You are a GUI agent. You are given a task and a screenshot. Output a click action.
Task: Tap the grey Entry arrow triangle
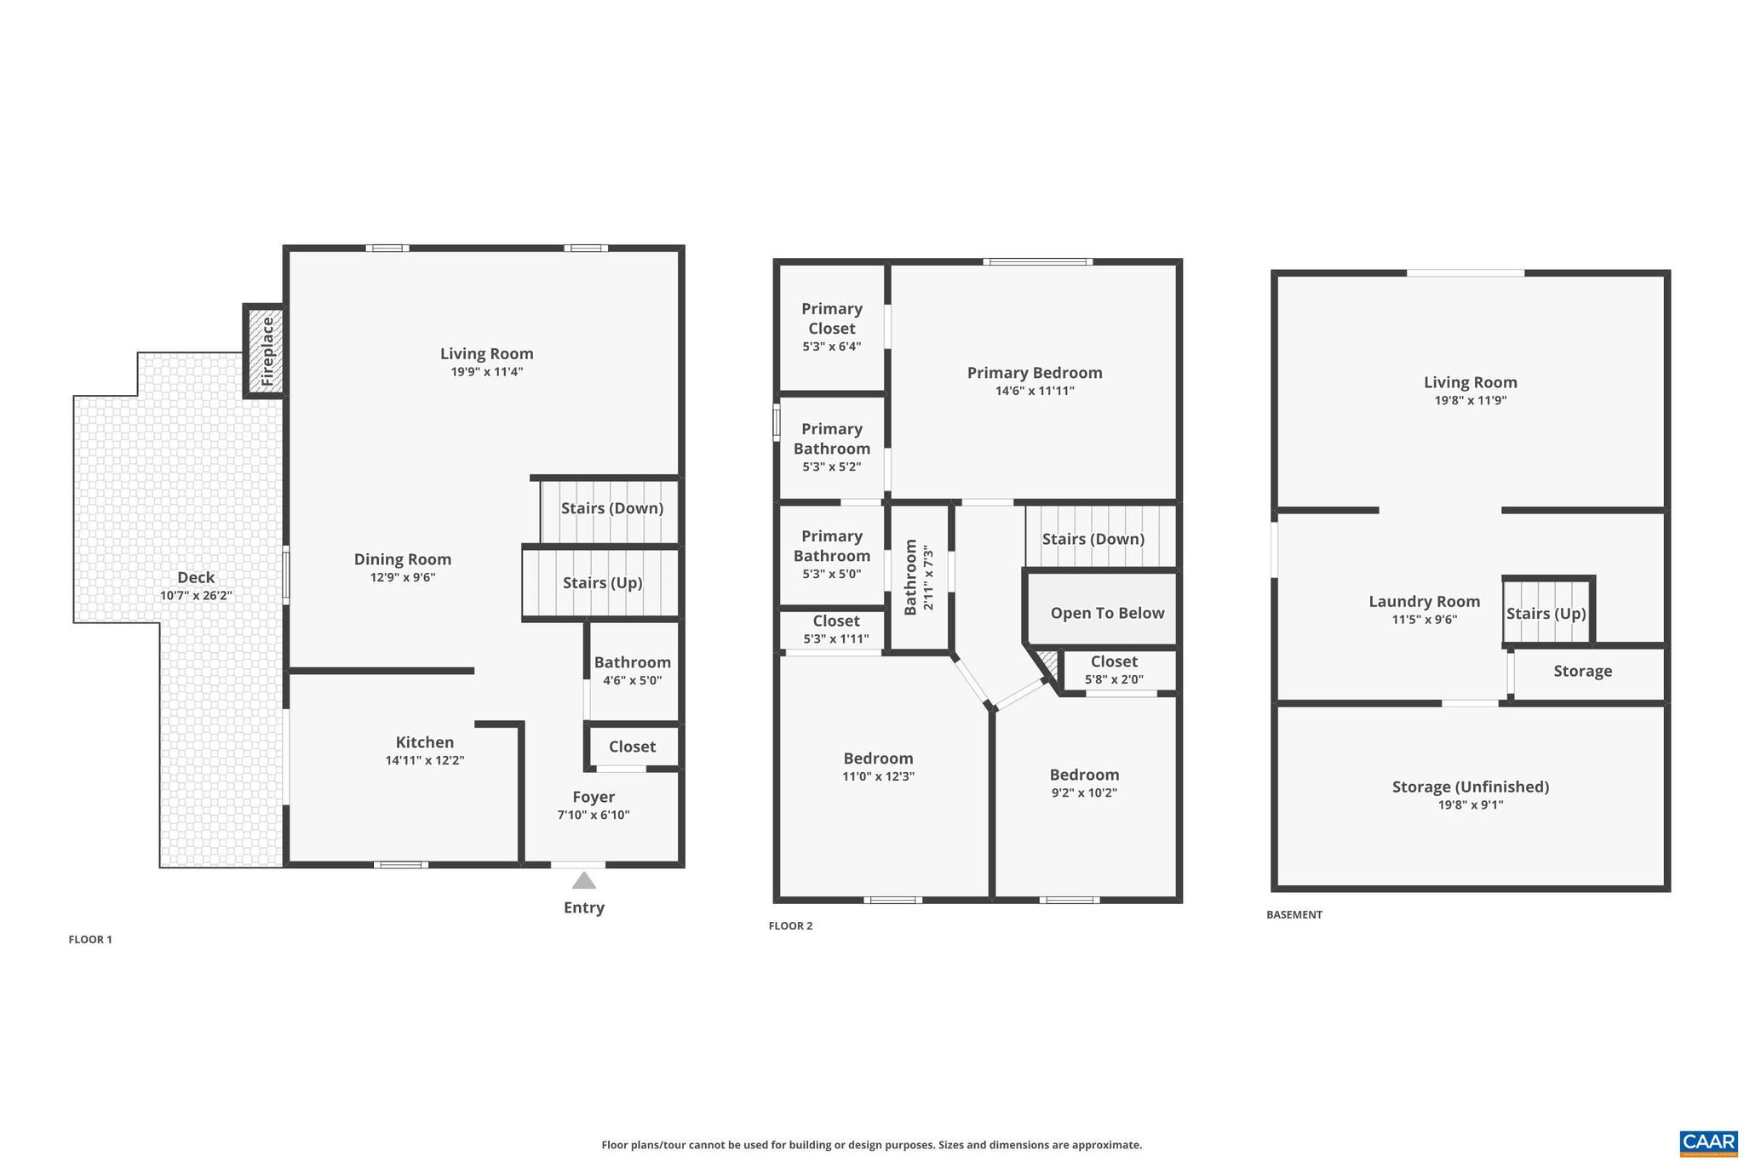tap(583, 880)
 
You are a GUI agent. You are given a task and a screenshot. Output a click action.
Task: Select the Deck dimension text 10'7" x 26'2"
tap(196, 596)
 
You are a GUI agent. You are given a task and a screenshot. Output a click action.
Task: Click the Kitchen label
tap(424, 742)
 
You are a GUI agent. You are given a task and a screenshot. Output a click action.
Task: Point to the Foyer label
tap(594, 797)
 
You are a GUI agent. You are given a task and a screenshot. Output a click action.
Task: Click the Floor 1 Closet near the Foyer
tap(632, 747)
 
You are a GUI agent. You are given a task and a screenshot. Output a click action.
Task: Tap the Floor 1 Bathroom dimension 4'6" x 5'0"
tap(632, 680)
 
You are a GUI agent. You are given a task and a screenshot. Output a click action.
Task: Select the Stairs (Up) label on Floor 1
tap(602, 582)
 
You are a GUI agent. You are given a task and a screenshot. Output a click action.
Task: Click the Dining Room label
tap(402, 559)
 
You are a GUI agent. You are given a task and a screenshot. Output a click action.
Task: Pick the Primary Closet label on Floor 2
tap(831, 318)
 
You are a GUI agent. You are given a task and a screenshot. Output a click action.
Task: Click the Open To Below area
tap(1106, 613)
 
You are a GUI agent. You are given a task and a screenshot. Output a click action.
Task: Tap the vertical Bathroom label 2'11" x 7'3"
tap(918, 577)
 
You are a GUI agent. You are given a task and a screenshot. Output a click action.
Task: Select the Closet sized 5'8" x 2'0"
tap(1114, 670)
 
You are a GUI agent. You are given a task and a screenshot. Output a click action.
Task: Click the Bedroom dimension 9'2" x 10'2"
tap(1083, 793)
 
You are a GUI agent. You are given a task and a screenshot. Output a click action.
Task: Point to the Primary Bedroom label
tap(1034, 373)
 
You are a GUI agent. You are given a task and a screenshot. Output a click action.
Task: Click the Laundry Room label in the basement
tap(1424, 602)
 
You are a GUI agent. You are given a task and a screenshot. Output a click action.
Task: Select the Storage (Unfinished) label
tap(1470, 787)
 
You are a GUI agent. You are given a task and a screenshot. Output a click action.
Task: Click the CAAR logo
tap(1708, 1142)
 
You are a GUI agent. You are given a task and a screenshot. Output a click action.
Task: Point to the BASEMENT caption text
tap(1294, 914)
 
